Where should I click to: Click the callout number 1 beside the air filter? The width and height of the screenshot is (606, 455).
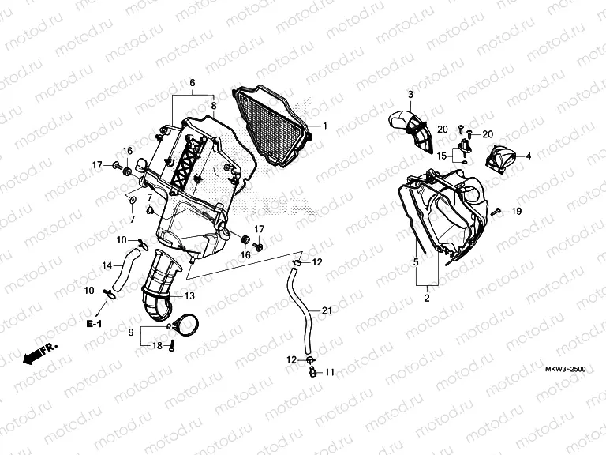(324, 126)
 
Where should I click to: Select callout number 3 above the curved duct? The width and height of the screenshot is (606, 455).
(411, 96)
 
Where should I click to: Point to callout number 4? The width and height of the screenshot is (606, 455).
(528, 156)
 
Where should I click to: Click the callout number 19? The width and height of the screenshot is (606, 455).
(516, 212)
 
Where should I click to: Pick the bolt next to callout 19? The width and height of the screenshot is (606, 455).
(498, 212)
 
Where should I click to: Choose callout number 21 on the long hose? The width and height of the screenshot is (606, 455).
(326, 312)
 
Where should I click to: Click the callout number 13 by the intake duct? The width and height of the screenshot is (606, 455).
(189, 295)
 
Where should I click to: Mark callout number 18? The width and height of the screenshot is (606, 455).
(156, 346)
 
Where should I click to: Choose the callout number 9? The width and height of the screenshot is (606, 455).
(131, 333)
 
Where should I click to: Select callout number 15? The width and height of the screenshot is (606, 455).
(443, 156)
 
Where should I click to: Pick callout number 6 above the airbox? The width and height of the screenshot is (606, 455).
(192, 82)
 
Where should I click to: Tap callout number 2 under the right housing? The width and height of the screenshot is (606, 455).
(427, 298)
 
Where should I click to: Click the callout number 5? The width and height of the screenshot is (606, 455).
(415, 260)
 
